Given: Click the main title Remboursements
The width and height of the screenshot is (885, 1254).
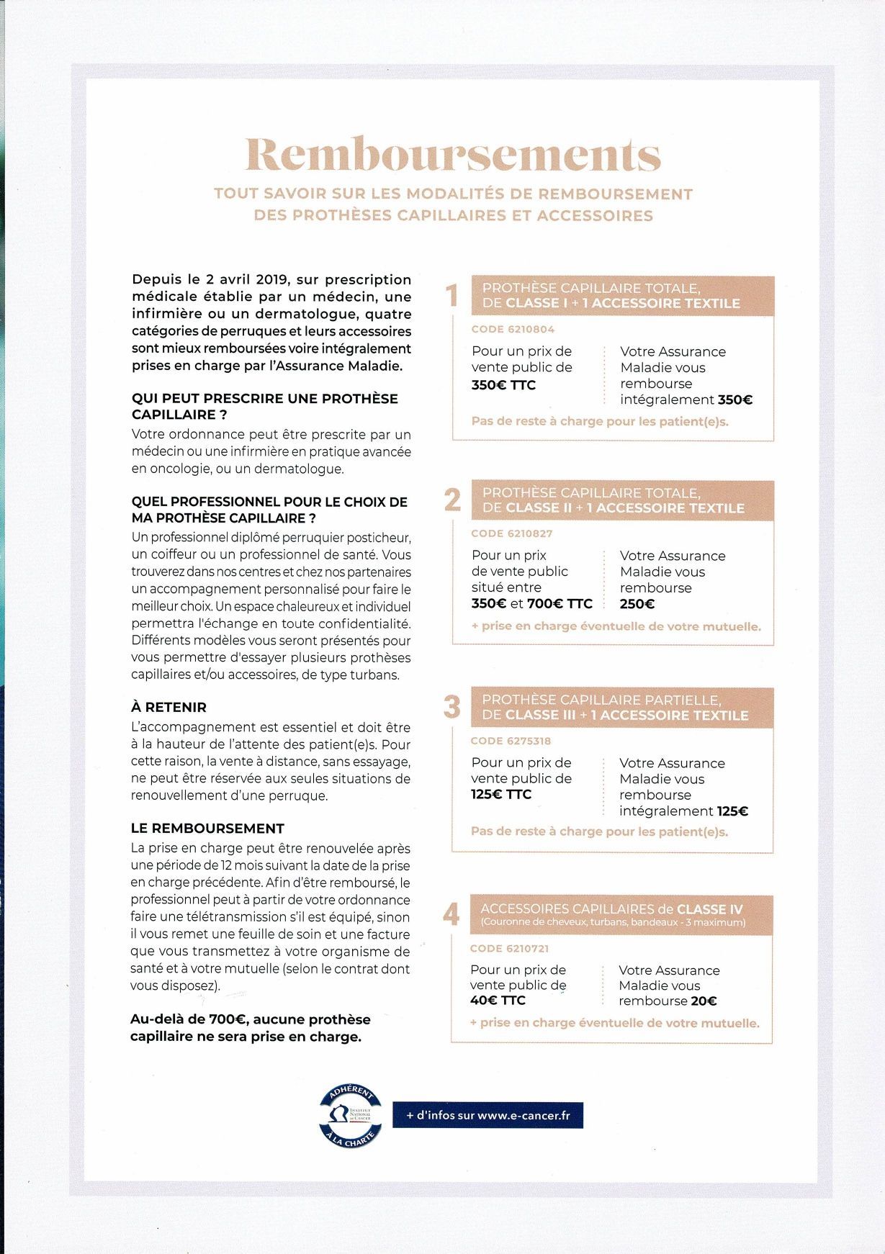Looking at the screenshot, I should (x=453, y=154).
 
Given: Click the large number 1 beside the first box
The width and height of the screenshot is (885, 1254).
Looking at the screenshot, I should (x=452, y=295).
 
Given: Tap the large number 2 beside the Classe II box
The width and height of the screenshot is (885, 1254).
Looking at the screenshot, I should (x=452, y=500).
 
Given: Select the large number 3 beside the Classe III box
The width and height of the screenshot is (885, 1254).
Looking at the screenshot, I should (x=452, y=707).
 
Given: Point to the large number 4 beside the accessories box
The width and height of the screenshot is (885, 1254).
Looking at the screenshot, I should (x=451, y=914).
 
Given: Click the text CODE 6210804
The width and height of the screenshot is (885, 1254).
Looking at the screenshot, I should (x=513, y=329).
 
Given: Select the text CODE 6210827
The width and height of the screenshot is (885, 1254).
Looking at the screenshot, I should (x=512, y=533).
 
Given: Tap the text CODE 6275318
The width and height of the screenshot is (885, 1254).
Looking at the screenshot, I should (x=511, y=741).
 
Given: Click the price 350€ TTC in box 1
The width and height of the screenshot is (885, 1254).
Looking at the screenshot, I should (x=503, y=385).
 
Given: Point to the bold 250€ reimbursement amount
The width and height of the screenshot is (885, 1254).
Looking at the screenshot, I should (x=637, y=604).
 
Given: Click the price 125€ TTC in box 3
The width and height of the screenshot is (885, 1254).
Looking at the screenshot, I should (x=501, y=795).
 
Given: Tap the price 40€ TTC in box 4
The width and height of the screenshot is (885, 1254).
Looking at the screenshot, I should (x=498, y=1001).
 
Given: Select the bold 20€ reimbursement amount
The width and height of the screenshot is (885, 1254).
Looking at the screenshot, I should (x=701, y=1001).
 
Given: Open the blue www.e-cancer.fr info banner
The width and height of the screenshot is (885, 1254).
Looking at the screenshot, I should (x=488, y=1115).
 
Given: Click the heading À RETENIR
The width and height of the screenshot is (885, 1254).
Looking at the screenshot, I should (x=169, y=707).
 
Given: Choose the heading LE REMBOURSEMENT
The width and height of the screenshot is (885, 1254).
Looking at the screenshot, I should (x=207, y=828).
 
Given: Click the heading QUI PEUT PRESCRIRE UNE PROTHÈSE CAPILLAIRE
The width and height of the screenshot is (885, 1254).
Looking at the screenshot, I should (x=264, y=406).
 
